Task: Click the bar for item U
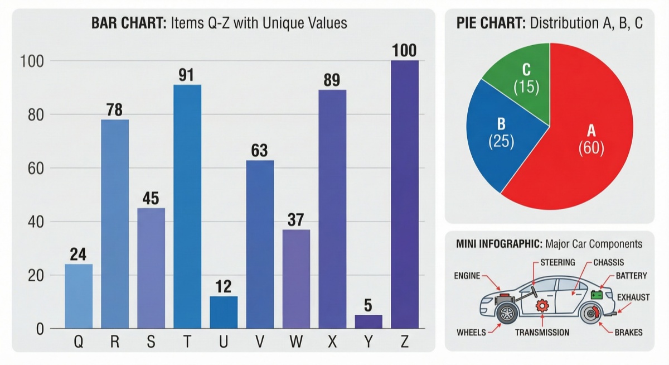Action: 224,312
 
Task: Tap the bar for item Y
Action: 369,321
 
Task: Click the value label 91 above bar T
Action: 187,74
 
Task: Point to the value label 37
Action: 295,220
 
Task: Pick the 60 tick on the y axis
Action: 32,168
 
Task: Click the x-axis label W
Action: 296,342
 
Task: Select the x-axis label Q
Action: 79,342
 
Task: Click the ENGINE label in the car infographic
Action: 467,275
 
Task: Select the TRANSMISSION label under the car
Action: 542,333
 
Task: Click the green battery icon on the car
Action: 597,295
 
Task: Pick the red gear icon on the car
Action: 541,306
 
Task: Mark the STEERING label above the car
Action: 557,262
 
